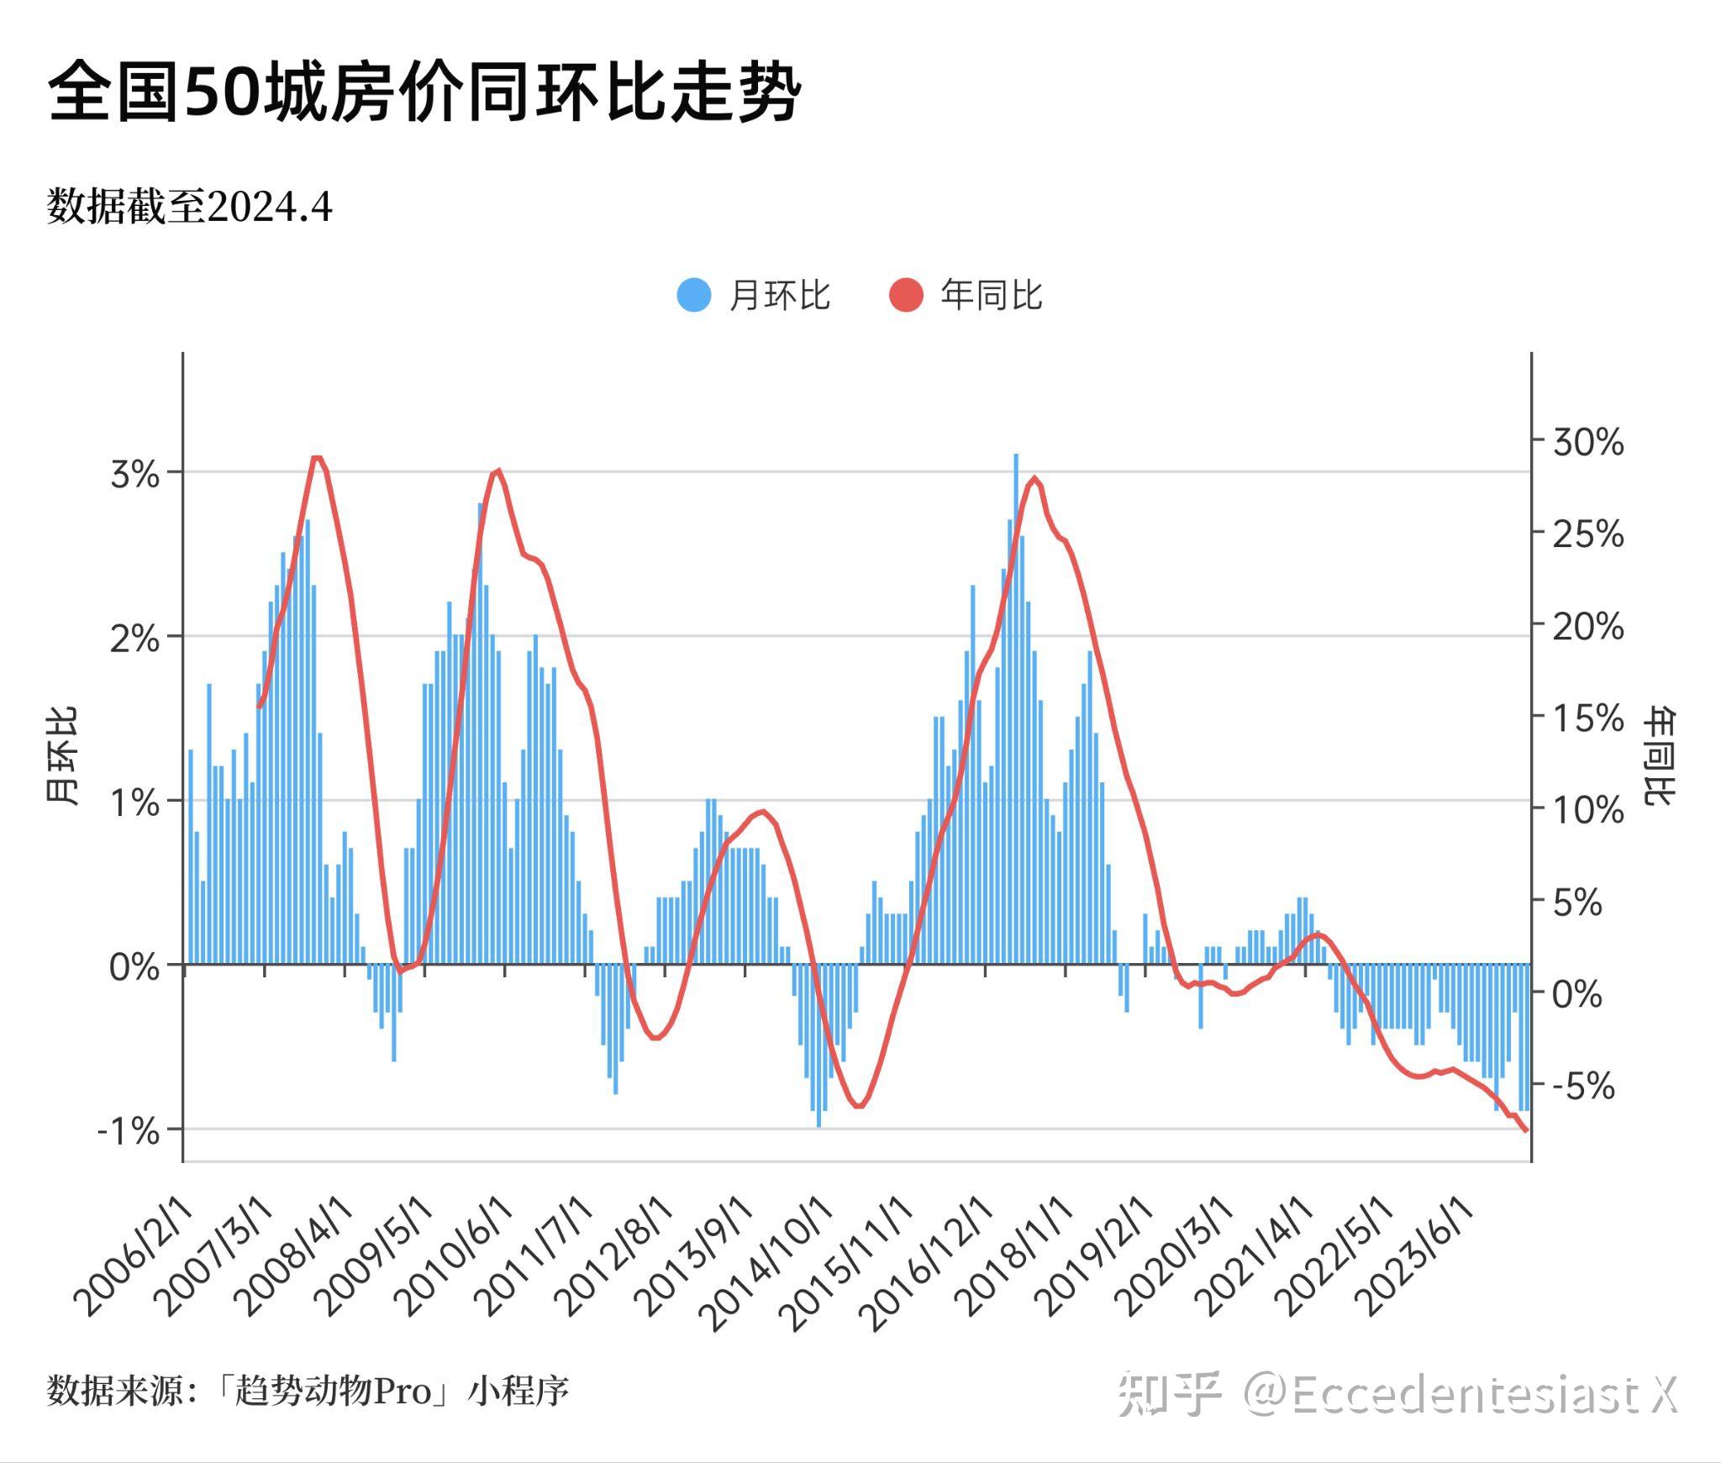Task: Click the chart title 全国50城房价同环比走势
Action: pos(424,92)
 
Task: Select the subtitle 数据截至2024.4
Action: pos(190,207)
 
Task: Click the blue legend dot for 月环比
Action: pos(694,295)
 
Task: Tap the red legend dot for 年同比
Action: pos(906,295)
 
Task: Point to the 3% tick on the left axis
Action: pos(134,475)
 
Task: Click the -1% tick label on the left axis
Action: pos(129,1132)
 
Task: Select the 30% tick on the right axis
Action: pos(1587,443)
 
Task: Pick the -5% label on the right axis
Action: pos(1582,1087)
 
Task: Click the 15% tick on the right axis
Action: pos(1587,718)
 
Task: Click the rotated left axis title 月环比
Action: pos(61,756)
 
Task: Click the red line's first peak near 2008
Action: pos(317,458)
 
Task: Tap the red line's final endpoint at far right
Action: pos(1526,1131)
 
